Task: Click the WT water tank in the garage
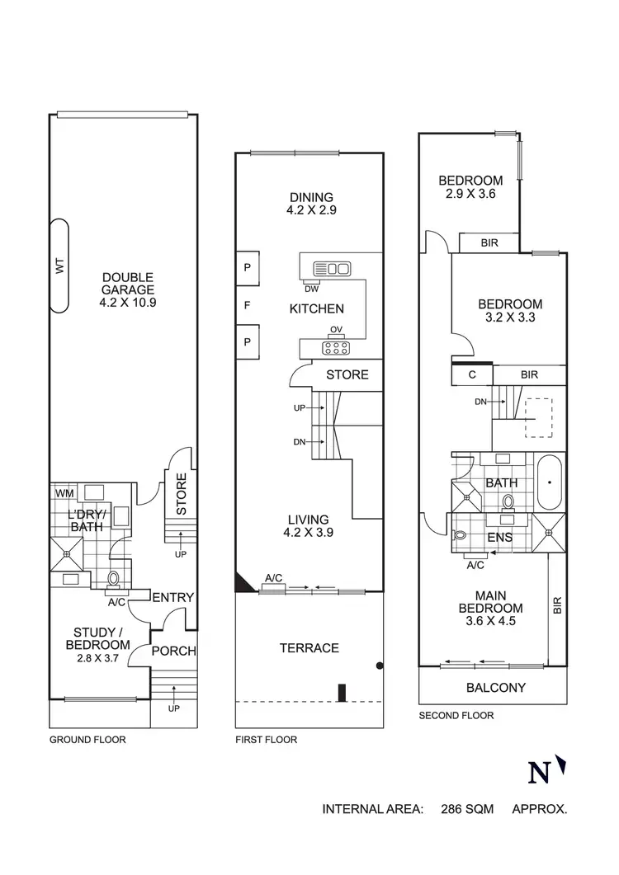[x=59, y=266]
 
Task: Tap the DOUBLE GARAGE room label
[x=128, y=290]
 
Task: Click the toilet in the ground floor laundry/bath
[x=115, y=577]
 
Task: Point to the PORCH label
[x=175, y=651]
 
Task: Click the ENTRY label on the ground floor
[x=173, y=598]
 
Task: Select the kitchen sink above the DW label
[x=332, y=268]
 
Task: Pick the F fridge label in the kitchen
[x=246, y=306]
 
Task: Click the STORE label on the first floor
[x=347, y=375]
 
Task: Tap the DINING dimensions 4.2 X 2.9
[x=311, y=210]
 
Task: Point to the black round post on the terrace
[x=379, y=666]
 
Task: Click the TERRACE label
[x=309, y=648]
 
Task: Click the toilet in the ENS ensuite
[x=461, y=537]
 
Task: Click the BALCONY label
[x=495, y=687]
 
